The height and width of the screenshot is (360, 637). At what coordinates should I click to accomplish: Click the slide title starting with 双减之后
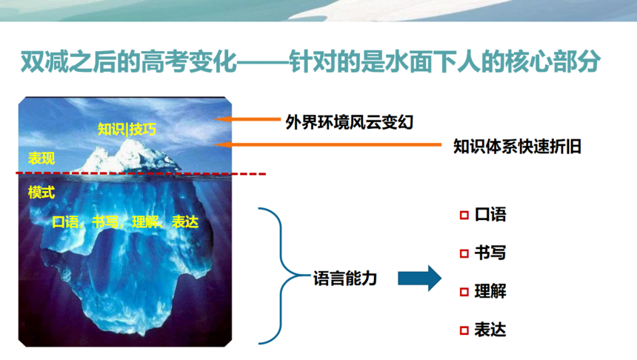(310, 61)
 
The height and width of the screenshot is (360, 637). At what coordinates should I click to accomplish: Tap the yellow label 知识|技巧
(127, 129)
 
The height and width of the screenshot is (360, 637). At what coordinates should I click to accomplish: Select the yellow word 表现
(41, 158)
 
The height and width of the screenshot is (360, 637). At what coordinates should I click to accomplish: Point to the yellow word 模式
(41, 192)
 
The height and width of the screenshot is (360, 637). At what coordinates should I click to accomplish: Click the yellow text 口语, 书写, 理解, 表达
(125, 221)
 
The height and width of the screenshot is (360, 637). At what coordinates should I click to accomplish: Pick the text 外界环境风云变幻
(349, 122)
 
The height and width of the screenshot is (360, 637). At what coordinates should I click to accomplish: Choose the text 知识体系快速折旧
(517, 146)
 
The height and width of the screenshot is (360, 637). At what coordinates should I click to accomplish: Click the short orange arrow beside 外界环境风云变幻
(247, 119)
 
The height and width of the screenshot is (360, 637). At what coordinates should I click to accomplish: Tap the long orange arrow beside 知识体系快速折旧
(328, 144)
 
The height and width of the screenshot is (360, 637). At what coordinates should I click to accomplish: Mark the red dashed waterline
(141, 173)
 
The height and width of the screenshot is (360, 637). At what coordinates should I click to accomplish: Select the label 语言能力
(345, 279)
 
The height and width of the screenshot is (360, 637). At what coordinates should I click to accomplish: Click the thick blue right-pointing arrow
(420, 279)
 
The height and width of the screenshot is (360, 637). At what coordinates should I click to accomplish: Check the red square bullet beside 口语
(464, 216)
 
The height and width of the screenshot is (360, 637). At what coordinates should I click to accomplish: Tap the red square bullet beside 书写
(464, 254)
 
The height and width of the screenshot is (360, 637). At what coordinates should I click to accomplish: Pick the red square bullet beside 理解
(464, 292)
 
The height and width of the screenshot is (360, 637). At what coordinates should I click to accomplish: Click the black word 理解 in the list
(490, 291)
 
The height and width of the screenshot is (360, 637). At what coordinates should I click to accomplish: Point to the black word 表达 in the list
(490, 330)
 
